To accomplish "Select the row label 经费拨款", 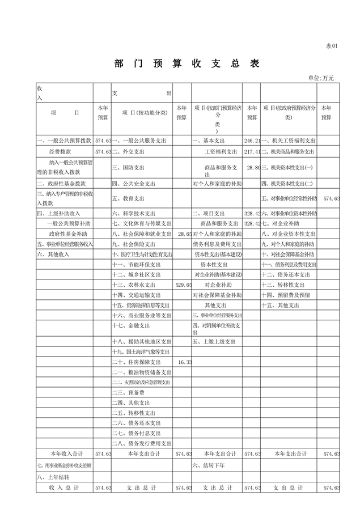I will [x=60, y=152].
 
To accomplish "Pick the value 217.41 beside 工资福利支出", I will [x=252, y=152].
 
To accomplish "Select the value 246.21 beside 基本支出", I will [x=252, y=140].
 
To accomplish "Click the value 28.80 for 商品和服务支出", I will [x=252, y=168].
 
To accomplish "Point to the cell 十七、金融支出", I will [x=130, y=326].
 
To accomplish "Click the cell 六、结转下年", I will [x=210, y=465].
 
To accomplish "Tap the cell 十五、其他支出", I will [x=279, y=305].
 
